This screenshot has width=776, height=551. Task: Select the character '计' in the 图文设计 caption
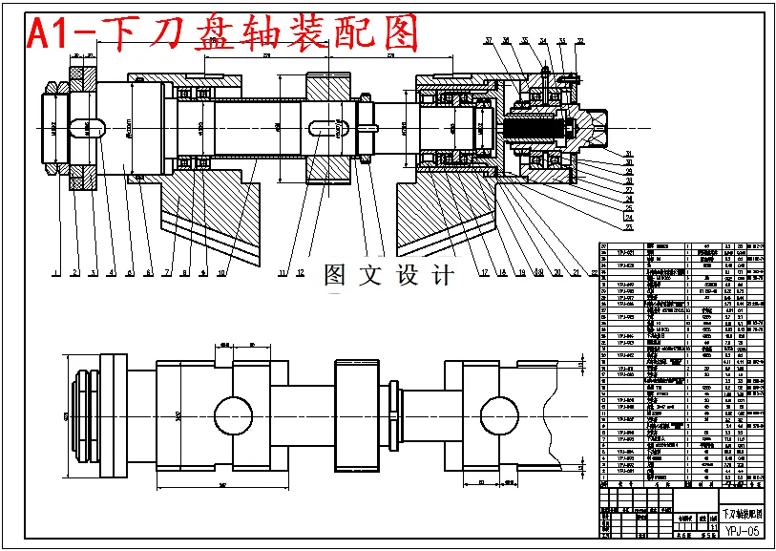442,276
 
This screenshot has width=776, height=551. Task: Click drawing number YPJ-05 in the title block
743,531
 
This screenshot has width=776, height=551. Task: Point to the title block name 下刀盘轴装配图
742,514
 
